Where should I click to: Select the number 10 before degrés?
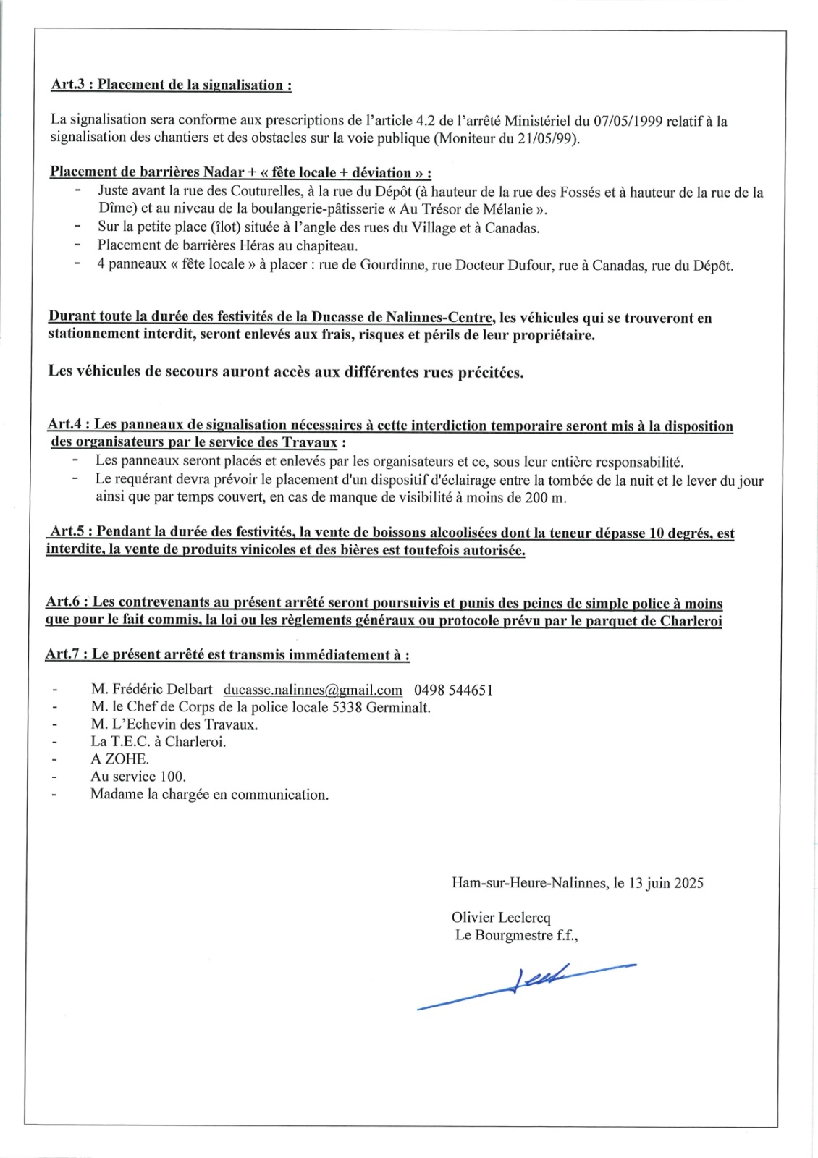(x=657, y=533)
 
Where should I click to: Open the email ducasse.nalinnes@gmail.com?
(x=313, y=690)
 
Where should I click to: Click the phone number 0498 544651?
(x=453, y=690)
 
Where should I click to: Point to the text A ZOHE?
(x=119, y=759)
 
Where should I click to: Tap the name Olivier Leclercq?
(x=501, y=918)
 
